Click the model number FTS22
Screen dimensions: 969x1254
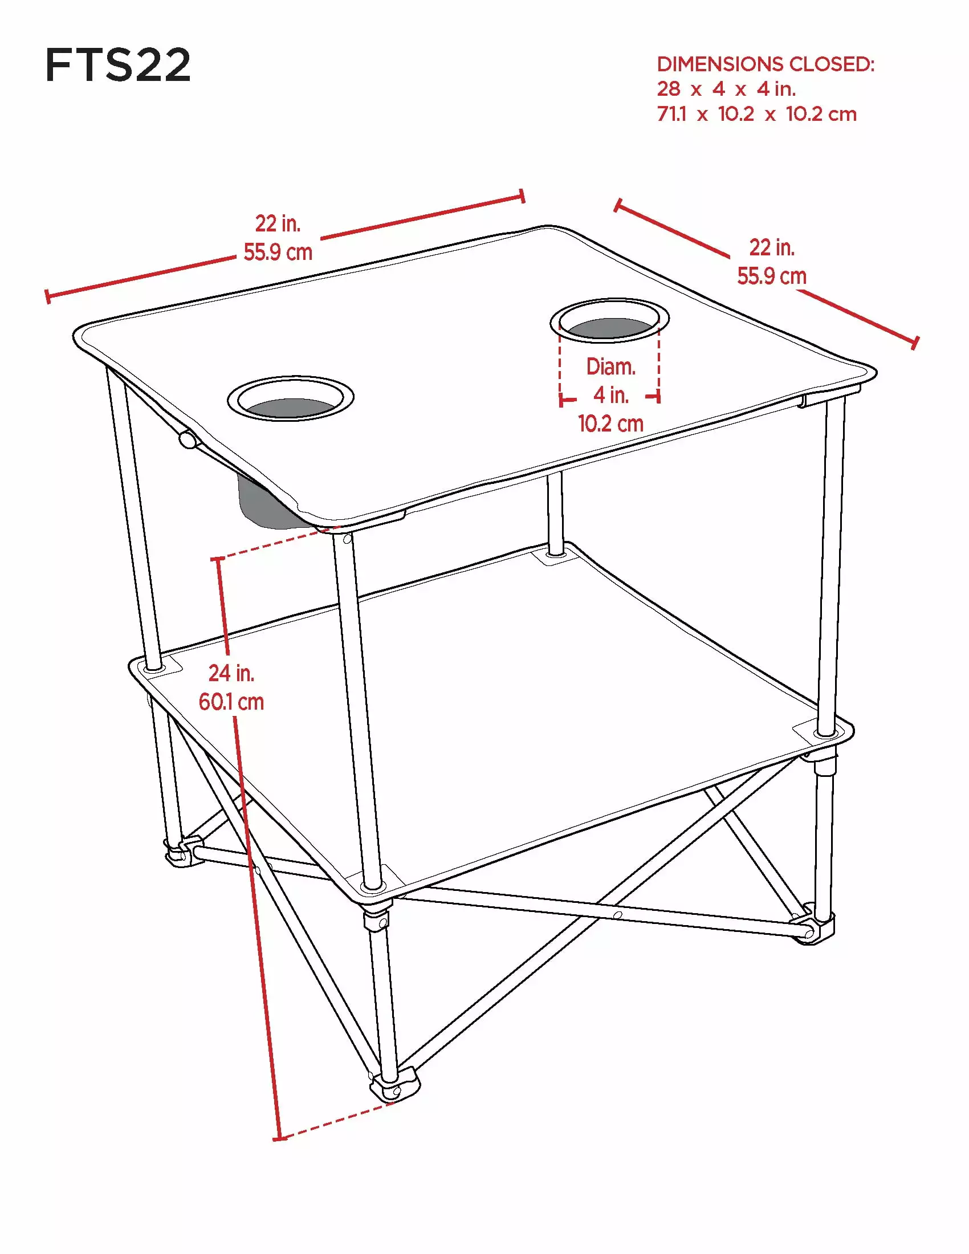tap(117, 65)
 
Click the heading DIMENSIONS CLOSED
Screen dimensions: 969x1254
tap(766, 64)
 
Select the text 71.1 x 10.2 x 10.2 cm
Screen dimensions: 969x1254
tap(756, 113)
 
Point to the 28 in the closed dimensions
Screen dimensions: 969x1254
tap(669, 89)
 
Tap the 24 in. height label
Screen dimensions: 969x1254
tap(231, 673)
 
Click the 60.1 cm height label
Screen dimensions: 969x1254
tap(231, 702)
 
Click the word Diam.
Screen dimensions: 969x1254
tap(610, 367)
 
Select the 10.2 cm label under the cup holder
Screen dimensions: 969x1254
tap(610, 424)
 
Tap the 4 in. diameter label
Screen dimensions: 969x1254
tap(611, 395)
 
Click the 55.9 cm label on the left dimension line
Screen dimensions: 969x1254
tap(278, 253)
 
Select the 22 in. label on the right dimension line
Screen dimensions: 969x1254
tap(772, 247)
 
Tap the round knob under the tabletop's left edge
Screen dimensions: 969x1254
tap(187, 440)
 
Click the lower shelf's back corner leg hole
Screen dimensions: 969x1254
tap(555, 554)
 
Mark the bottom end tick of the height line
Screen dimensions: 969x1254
tap(279, 1139)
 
